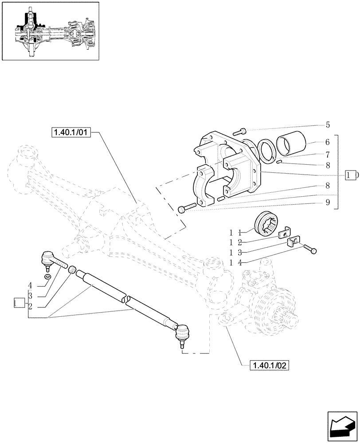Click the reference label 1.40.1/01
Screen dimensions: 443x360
[71, 132]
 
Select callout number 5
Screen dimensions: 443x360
[327, 125]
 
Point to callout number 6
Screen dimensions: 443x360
[327, 142]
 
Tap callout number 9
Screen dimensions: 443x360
[327, 203]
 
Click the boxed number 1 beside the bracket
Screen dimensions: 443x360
[351, 175]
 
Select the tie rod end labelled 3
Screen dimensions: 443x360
[50, 259]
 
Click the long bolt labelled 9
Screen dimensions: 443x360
[187, 207]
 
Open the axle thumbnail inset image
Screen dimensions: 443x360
[50, 31]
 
